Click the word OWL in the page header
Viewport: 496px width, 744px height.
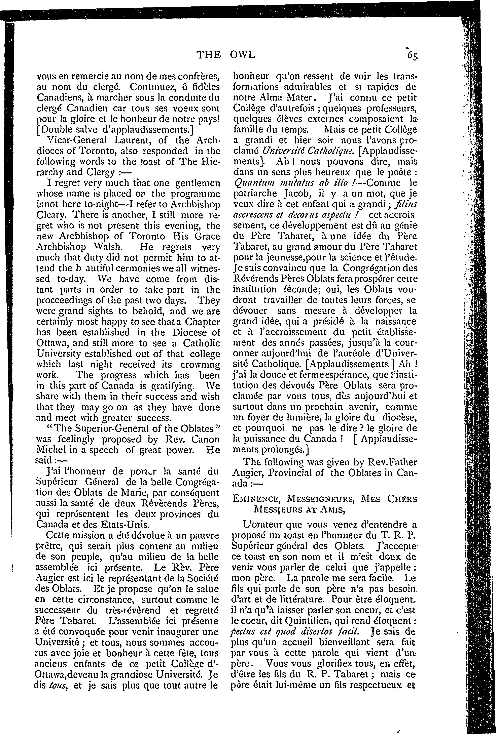pos(242,55)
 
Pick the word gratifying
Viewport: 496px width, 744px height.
pos(176,386)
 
